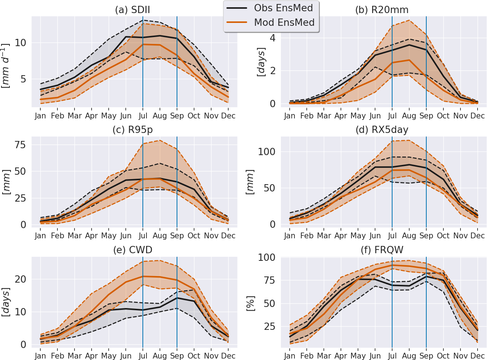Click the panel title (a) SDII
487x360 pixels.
pos(132,10)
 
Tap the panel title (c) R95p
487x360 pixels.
pos(132,130)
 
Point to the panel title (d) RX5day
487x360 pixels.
pos(382,130)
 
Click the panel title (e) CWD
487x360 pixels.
pos(132,250)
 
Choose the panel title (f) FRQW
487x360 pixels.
pos(382,250)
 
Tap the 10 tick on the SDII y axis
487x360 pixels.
pos(20,43)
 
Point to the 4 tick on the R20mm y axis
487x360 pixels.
pos(272,38)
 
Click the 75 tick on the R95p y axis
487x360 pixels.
pos(20,145)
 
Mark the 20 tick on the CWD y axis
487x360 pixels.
pos(20,279)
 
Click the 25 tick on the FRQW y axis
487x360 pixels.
pos(270,327)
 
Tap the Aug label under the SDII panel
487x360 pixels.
pos(160,116)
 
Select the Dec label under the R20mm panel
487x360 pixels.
pos(478,116)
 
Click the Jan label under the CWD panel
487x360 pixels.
pos(40,356)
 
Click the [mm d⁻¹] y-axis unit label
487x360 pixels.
pos(6,65)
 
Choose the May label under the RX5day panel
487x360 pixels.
pos(358,236)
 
